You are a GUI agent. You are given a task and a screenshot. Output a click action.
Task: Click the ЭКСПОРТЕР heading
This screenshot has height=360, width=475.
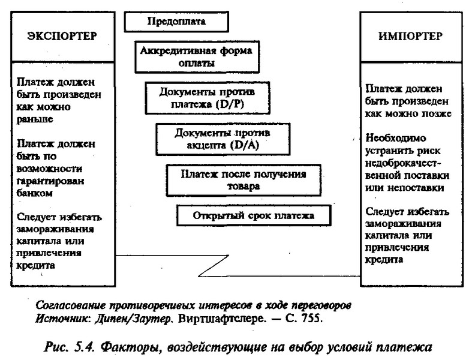coord(62,36)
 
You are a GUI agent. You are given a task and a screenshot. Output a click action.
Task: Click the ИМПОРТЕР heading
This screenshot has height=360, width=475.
coord(410,36)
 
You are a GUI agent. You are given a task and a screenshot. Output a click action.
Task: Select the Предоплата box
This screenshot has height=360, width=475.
coord(176,22)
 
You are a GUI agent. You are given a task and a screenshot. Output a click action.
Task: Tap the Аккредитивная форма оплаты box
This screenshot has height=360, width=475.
coord(197,57)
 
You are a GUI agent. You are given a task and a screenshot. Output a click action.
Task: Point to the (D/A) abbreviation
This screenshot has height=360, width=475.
coord(245,145)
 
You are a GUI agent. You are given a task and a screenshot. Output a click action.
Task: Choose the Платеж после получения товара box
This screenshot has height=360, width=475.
coord(243,180)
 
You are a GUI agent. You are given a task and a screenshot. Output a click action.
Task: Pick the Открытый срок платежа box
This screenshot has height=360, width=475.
coord(254,216)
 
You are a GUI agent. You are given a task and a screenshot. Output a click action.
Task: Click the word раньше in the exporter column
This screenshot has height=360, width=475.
coord(35,119)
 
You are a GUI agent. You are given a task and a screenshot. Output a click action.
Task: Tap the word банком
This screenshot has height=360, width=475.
coord(35,193)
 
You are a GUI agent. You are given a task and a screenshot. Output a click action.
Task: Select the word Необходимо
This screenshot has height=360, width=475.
coord(396,138)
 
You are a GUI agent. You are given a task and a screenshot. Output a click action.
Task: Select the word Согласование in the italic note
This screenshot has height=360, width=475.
coord(71,305)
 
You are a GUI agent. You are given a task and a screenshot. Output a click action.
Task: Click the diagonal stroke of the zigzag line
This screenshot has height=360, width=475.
coord(214,266)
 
